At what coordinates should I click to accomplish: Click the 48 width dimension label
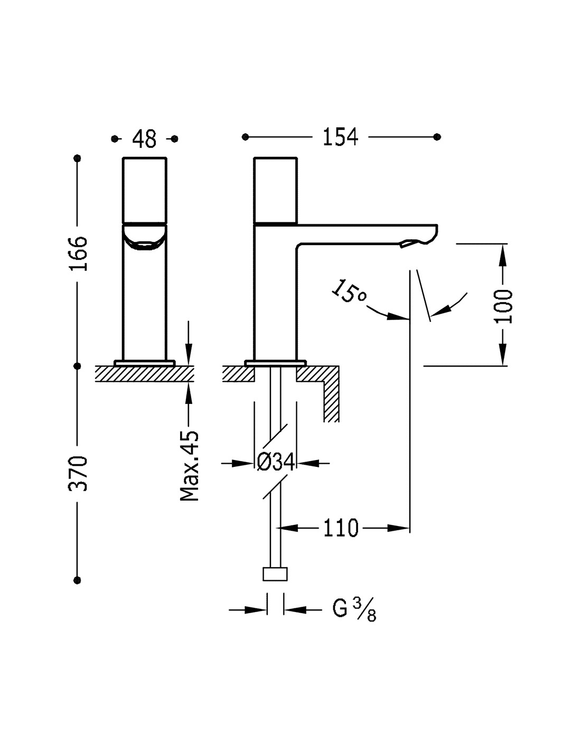point(144,138)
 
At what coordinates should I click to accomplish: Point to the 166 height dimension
point(78,254)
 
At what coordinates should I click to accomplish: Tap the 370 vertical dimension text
point(78,473)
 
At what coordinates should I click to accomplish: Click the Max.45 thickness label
point(190,465)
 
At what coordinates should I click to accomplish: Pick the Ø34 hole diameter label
point(276,462)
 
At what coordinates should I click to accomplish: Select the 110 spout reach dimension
point(341,528)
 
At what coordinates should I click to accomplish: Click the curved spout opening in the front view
point(145,238)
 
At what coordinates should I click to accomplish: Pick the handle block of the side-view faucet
point(276,191)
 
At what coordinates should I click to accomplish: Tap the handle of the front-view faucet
point(145,190)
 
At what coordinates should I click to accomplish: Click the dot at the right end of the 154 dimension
point(437,137)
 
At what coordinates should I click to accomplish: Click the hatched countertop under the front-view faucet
point(145,373)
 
